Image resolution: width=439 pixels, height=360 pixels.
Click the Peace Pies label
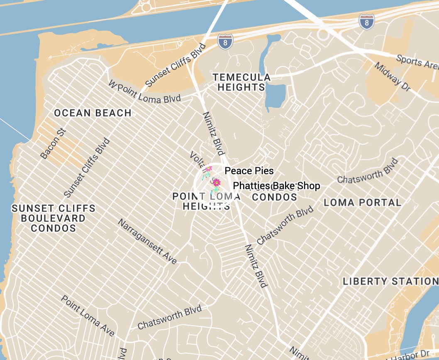pos(249,171)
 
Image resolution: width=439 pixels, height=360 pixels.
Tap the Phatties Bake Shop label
pos(276,186)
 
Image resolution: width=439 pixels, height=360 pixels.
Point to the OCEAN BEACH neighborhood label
pos(93,113)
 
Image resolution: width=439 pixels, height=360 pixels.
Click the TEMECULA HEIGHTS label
pos(241,82)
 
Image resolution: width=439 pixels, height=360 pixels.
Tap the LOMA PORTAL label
pos(362,202)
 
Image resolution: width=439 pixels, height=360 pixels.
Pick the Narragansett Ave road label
pos(148,241)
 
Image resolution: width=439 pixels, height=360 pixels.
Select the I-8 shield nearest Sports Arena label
pos(366,21)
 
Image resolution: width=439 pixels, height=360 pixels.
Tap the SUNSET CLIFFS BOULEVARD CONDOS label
pos(54,218)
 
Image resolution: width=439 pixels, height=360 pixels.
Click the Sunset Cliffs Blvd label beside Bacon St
pos(87,168)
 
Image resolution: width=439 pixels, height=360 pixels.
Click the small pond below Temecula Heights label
pos(274,96)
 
